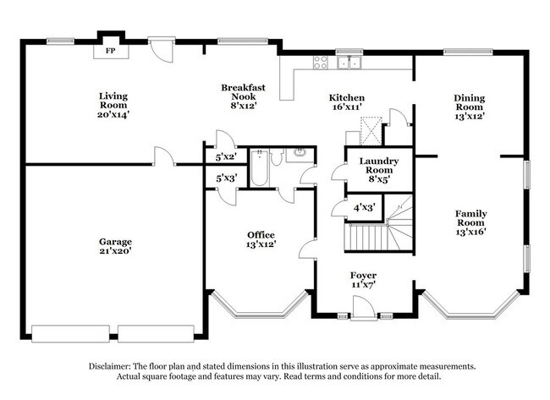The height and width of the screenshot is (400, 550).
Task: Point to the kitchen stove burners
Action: pyautogui.click(x=322, y=61)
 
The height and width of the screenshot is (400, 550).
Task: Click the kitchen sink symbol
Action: pyautogui.click(x=347, y=61)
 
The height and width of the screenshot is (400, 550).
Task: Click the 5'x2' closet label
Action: pyautogui.click(x=225, y=157)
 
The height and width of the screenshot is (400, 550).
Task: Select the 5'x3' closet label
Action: pyautogui.click(x=225, y=178)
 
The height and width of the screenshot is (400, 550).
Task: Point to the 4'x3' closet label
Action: pyautogui.click(x=364, y=206)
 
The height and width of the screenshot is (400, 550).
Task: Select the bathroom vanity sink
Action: pyautogui.click(x=298, y=155)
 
